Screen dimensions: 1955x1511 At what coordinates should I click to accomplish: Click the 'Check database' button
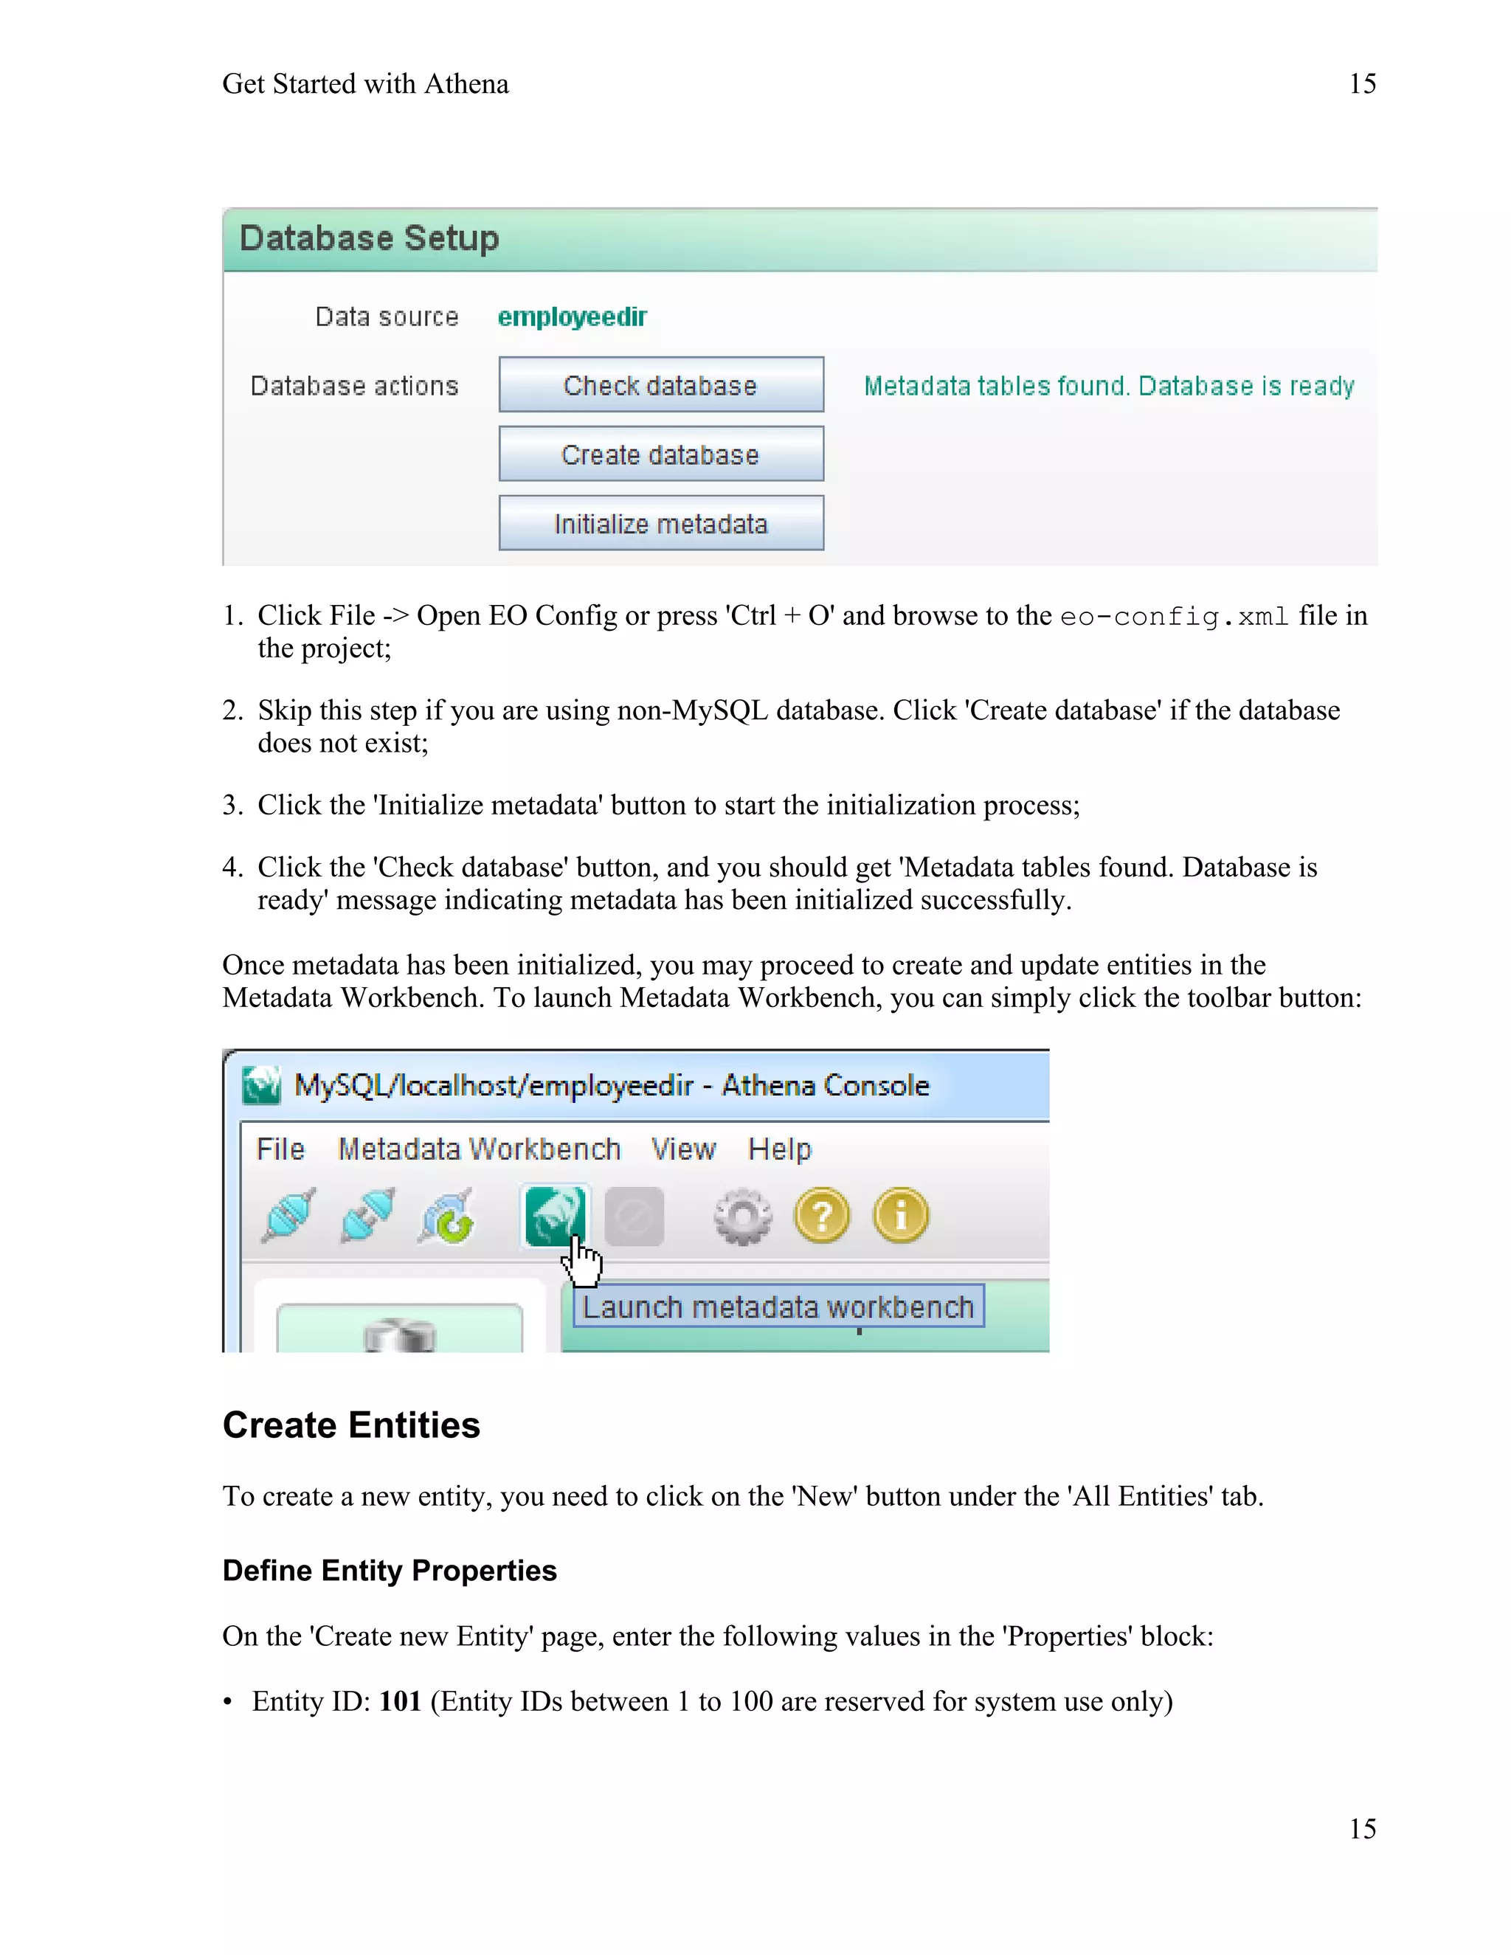tap(660, 385)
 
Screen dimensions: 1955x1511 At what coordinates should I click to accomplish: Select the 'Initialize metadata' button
tap(660, 524)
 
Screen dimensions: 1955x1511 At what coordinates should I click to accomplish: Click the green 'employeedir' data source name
tap(572, 317)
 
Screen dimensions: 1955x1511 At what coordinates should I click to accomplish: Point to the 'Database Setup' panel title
tap(369, 239)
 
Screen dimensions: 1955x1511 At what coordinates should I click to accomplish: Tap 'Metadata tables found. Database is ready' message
tap(1108, 386)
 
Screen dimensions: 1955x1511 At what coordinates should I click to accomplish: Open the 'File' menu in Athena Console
tap(280, 1149)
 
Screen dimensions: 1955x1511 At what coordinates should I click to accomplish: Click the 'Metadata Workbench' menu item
tap(479, 1149)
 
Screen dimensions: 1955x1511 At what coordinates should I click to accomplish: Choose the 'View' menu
tap(683, 1149)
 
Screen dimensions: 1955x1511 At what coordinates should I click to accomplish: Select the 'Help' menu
tap(780, 1149)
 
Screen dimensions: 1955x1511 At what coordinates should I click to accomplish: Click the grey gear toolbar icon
tap(742, 1216)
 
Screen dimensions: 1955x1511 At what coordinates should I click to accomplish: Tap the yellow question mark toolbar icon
tap(822, 1216)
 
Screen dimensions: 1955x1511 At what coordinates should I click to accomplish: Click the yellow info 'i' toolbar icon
tap(901, 1216)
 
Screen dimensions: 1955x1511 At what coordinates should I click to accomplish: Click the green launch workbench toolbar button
tap(555, 1215)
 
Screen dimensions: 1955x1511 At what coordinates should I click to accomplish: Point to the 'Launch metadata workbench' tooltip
tap(778, 1307)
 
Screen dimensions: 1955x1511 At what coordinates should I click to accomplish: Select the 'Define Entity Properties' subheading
tap(390, 1571)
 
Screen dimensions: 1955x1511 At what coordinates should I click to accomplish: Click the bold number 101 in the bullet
tap(400, 1700)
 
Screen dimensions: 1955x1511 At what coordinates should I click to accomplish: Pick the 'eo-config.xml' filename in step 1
tap(1175, 617)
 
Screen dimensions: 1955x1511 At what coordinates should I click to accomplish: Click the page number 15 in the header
tap(1361, 84)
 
